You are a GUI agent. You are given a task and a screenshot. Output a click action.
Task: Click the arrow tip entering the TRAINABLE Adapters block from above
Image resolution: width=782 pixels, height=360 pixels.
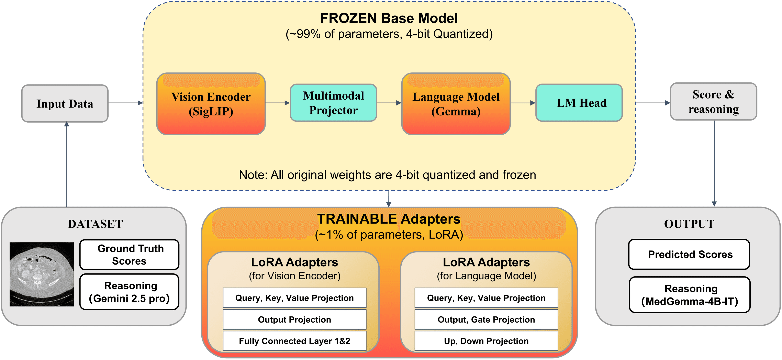pyautogui.click(x=389, y=207)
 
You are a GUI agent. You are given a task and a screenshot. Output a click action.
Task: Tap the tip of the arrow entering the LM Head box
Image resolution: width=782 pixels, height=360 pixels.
pyautogui.click(x=536, y=103)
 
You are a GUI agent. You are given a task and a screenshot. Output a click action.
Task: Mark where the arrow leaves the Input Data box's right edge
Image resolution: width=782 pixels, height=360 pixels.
pyautogui.click(x=108, y=103)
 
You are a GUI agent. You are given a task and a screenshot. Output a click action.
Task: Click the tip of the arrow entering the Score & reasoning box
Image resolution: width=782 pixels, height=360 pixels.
pyautogui.click(x=670, y=103)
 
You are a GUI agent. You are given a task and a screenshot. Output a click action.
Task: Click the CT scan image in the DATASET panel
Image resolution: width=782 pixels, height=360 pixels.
pyautogui.click(x=42, y=274)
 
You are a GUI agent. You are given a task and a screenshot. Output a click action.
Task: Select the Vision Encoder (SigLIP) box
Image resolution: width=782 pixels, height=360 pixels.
pyautogui.click(x=211, y=104)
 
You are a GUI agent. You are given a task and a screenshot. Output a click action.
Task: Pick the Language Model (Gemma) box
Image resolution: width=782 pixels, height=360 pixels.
pyautogui.click(x=456, y=104)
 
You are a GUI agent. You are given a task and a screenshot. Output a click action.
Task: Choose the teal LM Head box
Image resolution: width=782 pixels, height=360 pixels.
pyautogui.click(x=579, y=103)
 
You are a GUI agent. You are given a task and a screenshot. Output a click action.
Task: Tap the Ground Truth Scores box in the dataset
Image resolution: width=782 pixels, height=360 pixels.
pyautogui.click(x=129, y=255)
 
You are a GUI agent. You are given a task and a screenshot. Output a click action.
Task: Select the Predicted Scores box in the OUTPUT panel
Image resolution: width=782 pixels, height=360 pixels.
pyautogui.click(x=689, y=254)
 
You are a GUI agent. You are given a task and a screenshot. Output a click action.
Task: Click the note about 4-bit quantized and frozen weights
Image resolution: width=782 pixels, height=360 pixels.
pyautogui.click(x=387, y=175)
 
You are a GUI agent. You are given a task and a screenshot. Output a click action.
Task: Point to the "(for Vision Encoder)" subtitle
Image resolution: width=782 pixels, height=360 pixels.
pyautogui.click(x=295, y=276)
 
